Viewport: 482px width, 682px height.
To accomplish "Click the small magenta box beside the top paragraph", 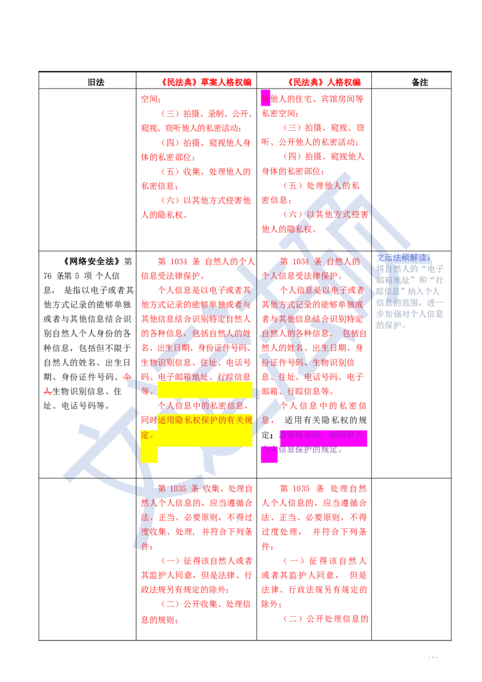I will coord(265,98).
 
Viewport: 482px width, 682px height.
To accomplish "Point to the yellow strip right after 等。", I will coord(205,390).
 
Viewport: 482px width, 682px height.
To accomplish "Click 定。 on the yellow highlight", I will coord(148,434).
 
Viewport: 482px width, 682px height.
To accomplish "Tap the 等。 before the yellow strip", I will coord(147,390).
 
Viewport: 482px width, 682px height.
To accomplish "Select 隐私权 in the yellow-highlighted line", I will coord(193,420).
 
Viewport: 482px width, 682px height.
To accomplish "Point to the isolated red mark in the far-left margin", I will coord(46,393).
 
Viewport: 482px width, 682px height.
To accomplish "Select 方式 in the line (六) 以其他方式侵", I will coord(336,214).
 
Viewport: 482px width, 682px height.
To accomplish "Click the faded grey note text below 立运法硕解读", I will coord(410,295).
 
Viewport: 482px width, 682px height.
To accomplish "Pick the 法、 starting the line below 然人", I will coord(146,517).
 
